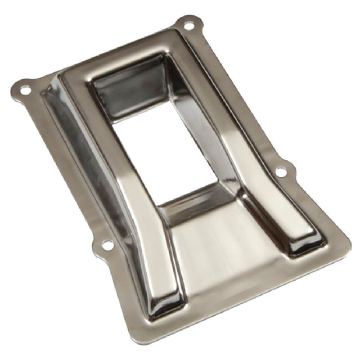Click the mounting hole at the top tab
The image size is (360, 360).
188,25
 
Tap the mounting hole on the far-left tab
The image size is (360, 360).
25,89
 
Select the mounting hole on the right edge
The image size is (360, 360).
280,172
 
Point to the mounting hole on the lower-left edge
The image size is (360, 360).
107,245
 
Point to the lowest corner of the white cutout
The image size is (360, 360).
160,206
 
